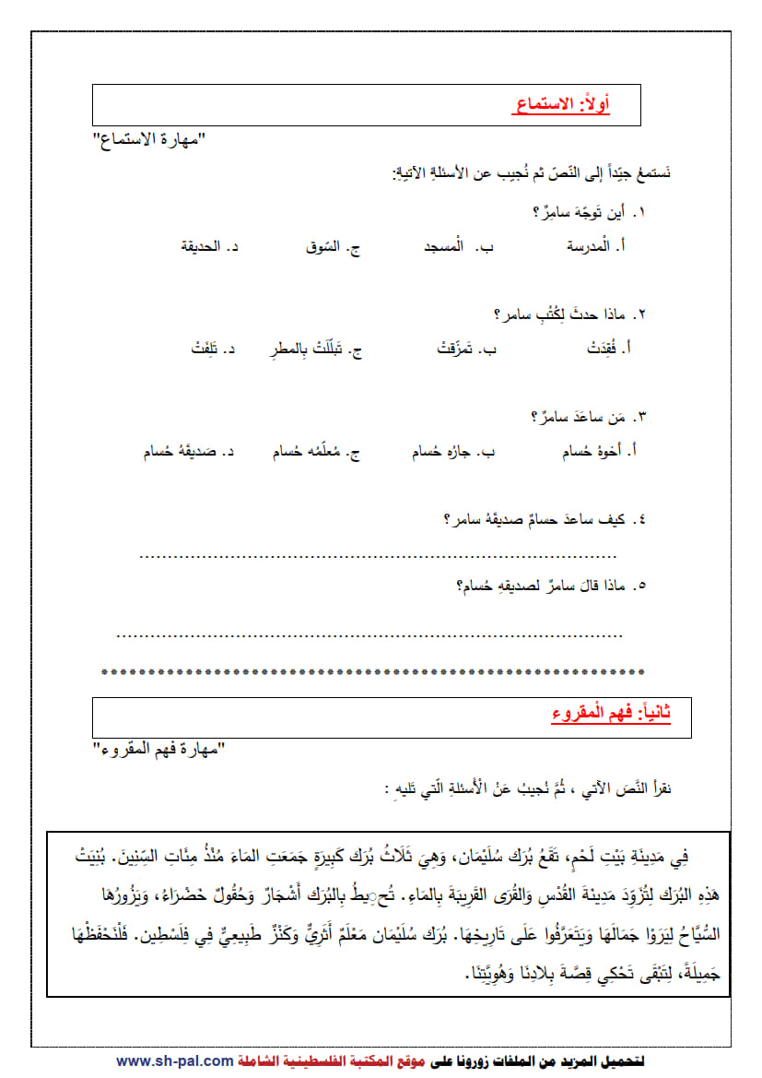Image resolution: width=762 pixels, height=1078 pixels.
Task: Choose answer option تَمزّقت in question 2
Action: click(x=463, y=349)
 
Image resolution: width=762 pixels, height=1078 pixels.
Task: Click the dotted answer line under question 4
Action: click(x=378, y=556)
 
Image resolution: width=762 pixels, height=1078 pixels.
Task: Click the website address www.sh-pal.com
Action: click(x=175, y=1061)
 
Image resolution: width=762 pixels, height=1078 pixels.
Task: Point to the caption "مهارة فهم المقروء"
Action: click(x=158, y=748)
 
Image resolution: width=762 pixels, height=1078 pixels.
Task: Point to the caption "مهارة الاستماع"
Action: click(x=147, y=140)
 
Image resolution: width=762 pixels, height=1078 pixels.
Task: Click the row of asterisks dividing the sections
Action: click(x=371, y=671)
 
